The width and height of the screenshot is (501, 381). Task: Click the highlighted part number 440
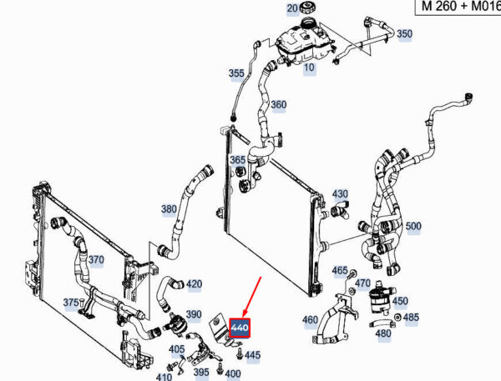click(x=240, y=328)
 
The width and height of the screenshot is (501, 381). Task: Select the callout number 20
click(x=292, y=8)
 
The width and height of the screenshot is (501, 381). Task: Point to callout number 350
click(x=404, y=34)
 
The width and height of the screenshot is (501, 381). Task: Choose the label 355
click(x=236, y=73)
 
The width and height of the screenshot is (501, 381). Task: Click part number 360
click(x=278, y=105)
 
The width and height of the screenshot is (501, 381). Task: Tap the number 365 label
click(x=238, y=160)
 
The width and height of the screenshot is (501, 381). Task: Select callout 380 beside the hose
click(x=169, y=209)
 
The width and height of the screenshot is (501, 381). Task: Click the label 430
click(x=340, y=194)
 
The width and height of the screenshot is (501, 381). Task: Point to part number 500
click(x=413, y=226)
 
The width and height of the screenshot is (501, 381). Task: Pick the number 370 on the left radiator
click(x=96, y=260)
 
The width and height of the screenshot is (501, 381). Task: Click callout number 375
click(x=73, y=303)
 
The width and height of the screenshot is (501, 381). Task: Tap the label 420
click(x=194, y=284)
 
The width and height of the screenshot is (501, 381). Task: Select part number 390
click(x=194, y=314)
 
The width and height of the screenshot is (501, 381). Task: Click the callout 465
click(x=340, y=270)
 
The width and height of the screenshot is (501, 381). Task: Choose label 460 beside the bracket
click(x=309, y=320)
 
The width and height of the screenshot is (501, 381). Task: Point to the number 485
click(x=412, y=318)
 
